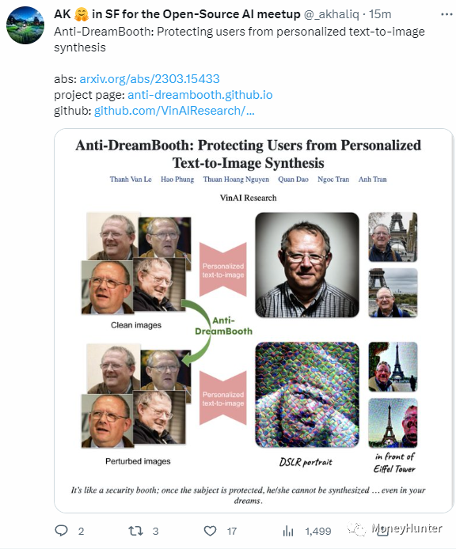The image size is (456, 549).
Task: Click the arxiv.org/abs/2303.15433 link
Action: pyautogui.click(x=150, y=79)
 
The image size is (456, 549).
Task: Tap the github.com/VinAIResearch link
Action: pyautogui.click(x=174, y=110)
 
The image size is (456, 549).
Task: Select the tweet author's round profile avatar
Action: pyautogui.click(x=26, y=26)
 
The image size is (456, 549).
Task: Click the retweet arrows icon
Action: pyautogui.click(x=135, y=531)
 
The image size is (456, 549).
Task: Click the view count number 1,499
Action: pyautogui.click(x=317, y=532)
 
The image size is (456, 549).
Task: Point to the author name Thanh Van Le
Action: pyautogui.click(x=129, y=180)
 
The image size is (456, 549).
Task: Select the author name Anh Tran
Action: pyautogui.click(x=374, y=180)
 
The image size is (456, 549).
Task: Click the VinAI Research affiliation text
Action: pyautogui.click(x=249, y=197)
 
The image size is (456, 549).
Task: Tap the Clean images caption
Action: pyautogui.click(x=136, y=324)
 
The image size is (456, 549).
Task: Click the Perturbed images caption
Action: pyautogui.click(x=138, y=460)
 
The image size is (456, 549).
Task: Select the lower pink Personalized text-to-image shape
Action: pyautogui.click(x=223, y=399)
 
